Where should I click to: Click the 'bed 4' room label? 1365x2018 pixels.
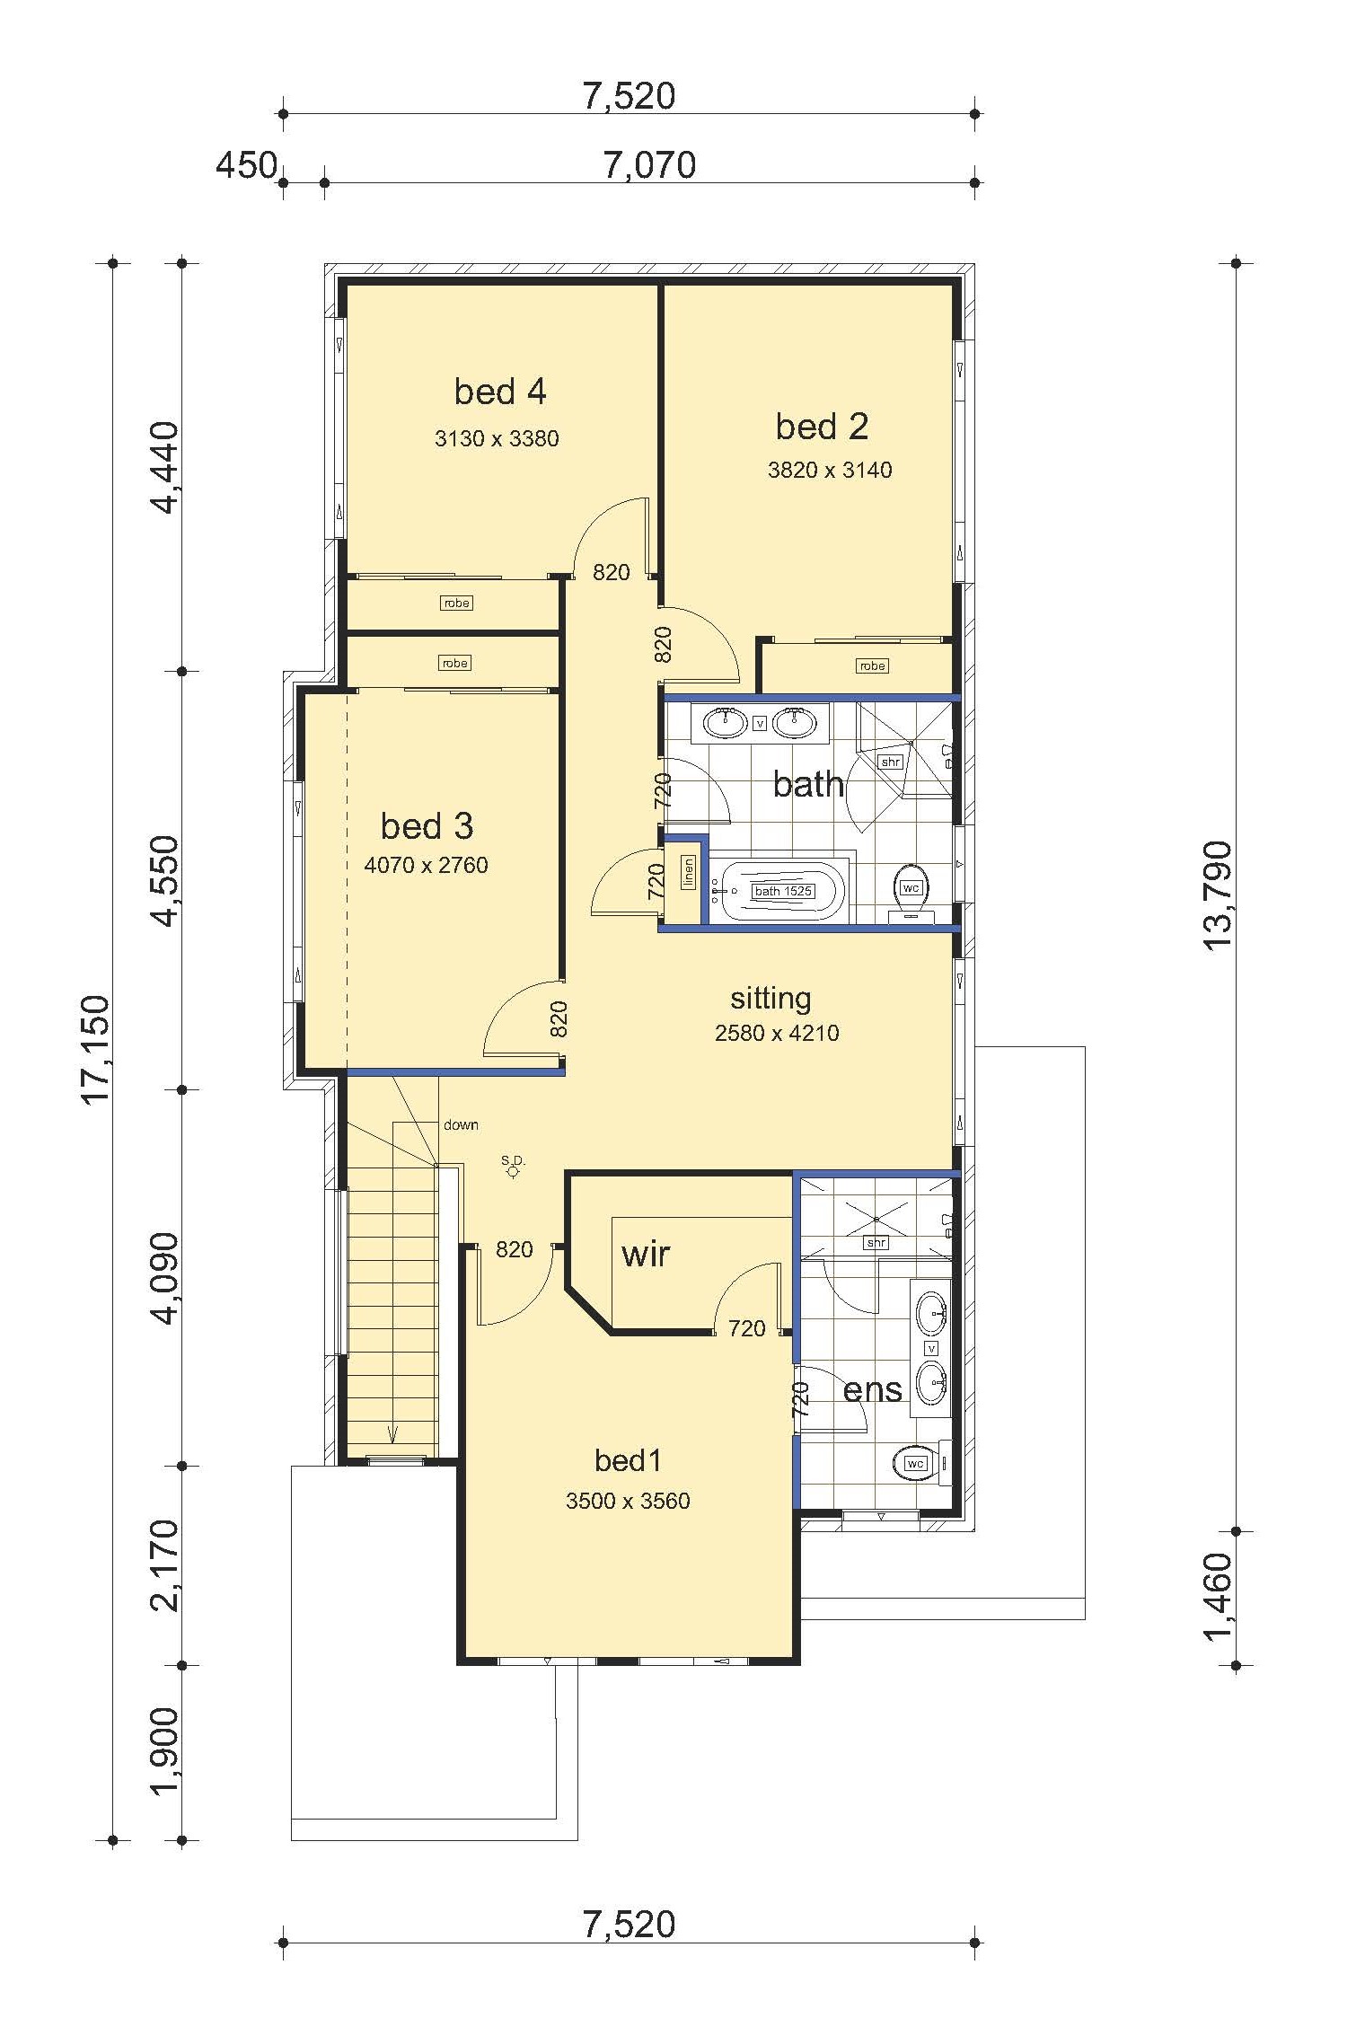pos(500,392)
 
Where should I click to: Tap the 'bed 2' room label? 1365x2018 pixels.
pos(822,427)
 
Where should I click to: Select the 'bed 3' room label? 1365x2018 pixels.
pos(427,826)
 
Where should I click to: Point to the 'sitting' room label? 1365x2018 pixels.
pos(771,999)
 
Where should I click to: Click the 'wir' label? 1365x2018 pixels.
pos(646,1254)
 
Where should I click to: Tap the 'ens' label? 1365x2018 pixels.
pos(872,1391)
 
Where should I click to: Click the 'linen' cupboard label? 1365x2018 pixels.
pos(689,872)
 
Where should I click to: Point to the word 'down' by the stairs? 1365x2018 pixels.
pos(461,1124)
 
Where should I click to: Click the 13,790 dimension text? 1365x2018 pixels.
pos(1217,896)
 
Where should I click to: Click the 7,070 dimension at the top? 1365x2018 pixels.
pos(649,165)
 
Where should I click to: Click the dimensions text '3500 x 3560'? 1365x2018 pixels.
pos(628,1501)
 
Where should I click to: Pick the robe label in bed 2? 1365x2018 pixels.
pos(873,665)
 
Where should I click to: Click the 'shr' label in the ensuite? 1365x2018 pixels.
pos(876,1243)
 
